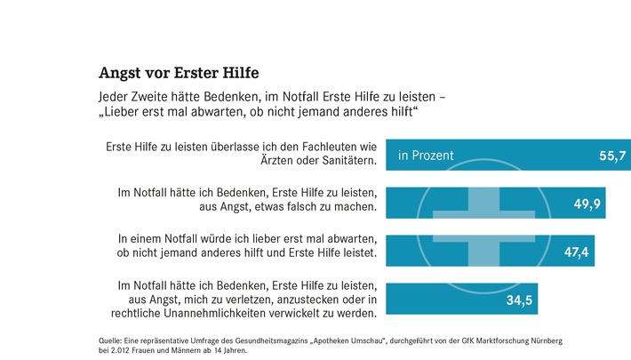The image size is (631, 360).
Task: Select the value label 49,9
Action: [x=587, y=205]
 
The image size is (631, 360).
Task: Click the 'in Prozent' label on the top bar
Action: [x=426, y=156]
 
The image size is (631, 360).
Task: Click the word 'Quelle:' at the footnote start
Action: [x=110, y=340]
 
